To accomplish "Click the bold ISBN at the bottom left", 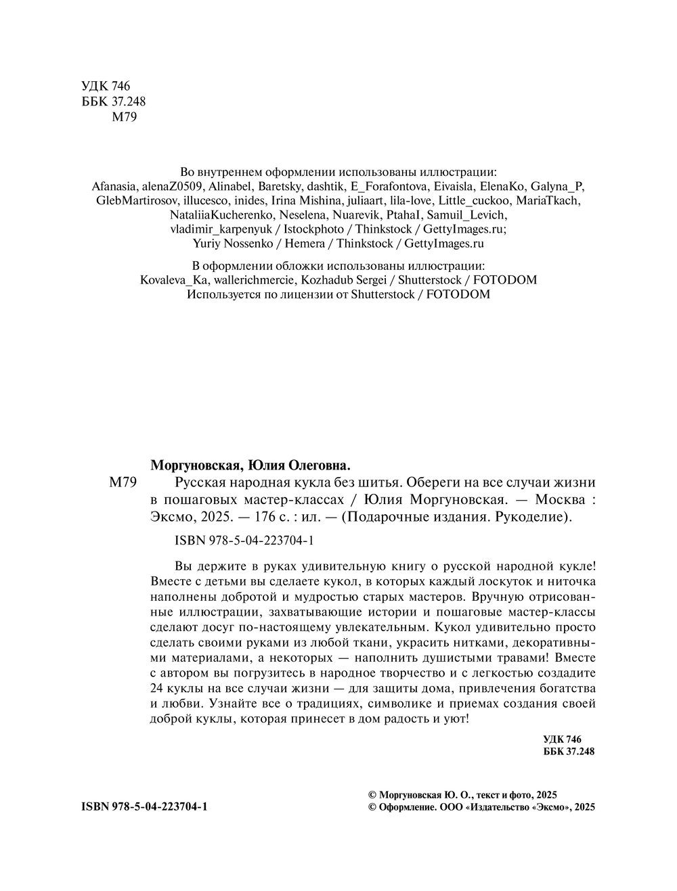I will (144, 807).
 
